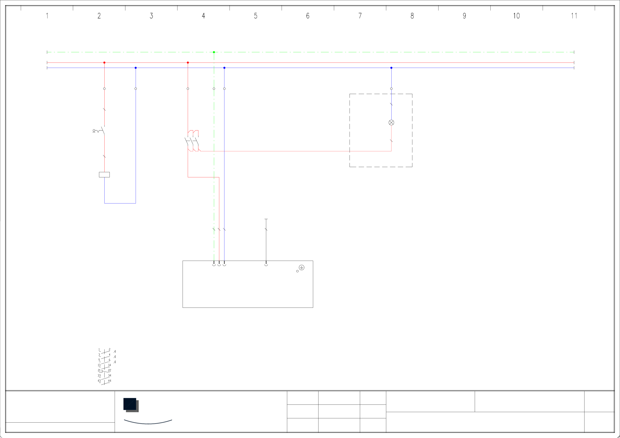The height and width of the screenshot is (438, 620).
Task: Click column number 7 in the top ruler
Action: pyautogui.click(x=360, y=16)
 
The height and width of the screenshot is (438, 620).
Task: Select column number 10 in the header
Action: pyautogui.click(x=516, y=16)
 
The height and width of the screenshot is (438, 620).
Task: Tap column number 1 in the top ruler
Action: pyautogui.click(x=47, y=16)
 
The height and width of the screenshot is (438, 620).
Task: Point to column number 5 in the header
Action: pyautogui.click(x=256, y=16)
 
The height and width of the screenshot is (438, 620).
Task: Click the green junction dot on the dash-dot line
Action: pyautogui.click(x=214, y=52)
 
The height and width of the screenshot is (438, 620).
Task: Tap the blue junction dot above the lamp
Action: pyautogui.click(x=391, y=68)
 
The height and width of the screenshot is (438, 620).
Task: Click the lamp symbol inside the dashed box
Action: pyautogui.click(x=391, y=123)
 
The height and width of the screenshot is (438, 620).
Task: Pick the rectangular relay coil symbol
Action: pyautogui.click(x=104, y=175)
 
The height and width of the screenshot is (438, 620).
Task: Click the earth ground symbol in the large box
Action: pyautogui.click(x=302, y=267)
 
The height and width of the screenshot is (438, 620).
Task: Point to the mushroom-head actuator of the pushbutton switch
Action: pyautogui.click(x=94, y=131)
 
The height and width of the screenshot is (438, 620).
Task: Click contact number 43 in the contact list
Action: pyautogui.click(x=99, y=381)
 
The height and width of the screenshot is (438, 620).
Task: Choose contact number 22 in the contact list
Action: pyautogui.click(x=109, y=370)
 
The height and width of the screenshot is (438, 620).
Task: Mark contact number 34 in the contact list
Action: pyautogui.click(x=109, y=375)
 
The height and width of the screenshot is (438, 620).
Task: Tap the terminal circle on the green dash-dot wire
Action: pyautogui.click(x=214, y=88)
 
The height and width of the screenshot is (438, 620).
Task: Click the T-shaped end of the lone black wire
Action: pyautogui.click(x=266, y=219)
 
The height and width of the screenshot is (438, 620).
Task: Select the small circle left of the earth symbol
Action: pyautogui.click(x=297, y=271)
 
